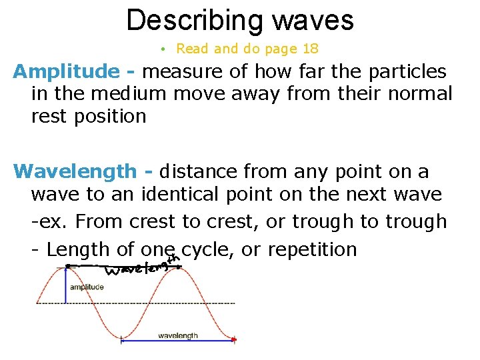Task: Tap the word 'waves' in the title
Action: [x=312, y=20]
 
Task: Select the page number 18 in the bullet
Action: [x=310, y=49]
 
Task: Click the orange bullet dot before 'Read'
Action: [x=163, y=49]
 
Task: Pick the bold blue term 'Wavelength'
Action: [x=74, y=171]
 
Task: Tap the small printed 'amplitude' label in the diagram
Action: [x=86, y=287]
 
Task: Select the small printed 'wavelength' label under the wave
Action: [x=178, y=335]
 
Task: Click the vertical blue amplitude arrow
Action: [x=65, y=285]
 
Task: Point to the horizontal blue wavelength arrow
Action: [x=177, y=341]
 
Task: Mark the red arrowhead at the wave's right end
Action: [x=233, y=339]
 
